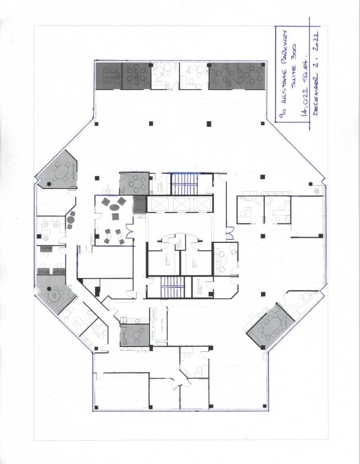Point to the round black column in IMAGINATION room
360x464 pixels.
(49, 183)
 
